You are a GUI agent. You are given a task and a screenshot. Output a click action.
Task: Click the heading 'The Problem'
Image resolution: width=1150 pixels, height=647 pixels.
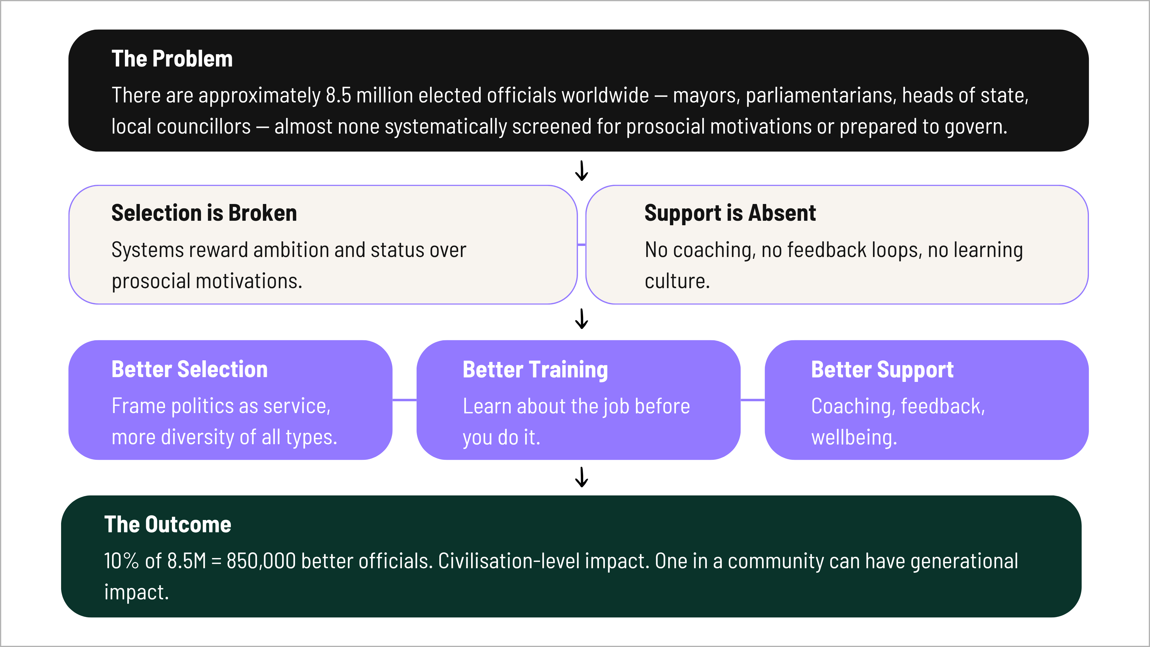(x=172, y=59)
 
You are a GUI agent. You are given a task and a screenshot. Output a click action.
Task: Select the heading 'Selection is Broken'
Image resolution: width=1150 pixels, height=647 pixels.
(x=204, y=213)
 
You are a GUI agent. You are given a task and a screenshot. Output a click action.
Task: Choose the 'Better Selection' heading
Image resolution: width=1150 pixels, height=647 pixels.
(x=189, y=369)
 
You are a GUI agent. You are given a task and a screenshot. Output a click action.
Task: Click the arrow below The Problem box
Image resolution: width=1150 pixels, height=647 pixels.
(x=581, y=170)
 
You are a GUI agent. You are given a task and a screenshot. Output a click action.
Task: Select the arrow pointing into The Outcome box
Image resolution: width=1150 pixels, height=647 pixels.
(x=581, y=477)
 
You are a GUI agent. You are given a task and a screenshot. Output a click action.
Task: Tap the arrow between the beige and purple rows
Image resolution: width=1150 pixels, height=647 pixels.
(x=581, y=319)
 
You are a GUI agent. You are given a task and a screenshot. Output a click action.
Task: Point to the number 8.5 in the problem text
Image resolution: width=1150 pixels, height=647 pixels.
(x=338, y=96)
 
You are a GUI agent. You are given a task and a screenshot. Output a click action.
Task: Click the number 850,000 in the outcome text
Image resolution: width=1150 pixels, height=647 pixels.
(x=261, y=561)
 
